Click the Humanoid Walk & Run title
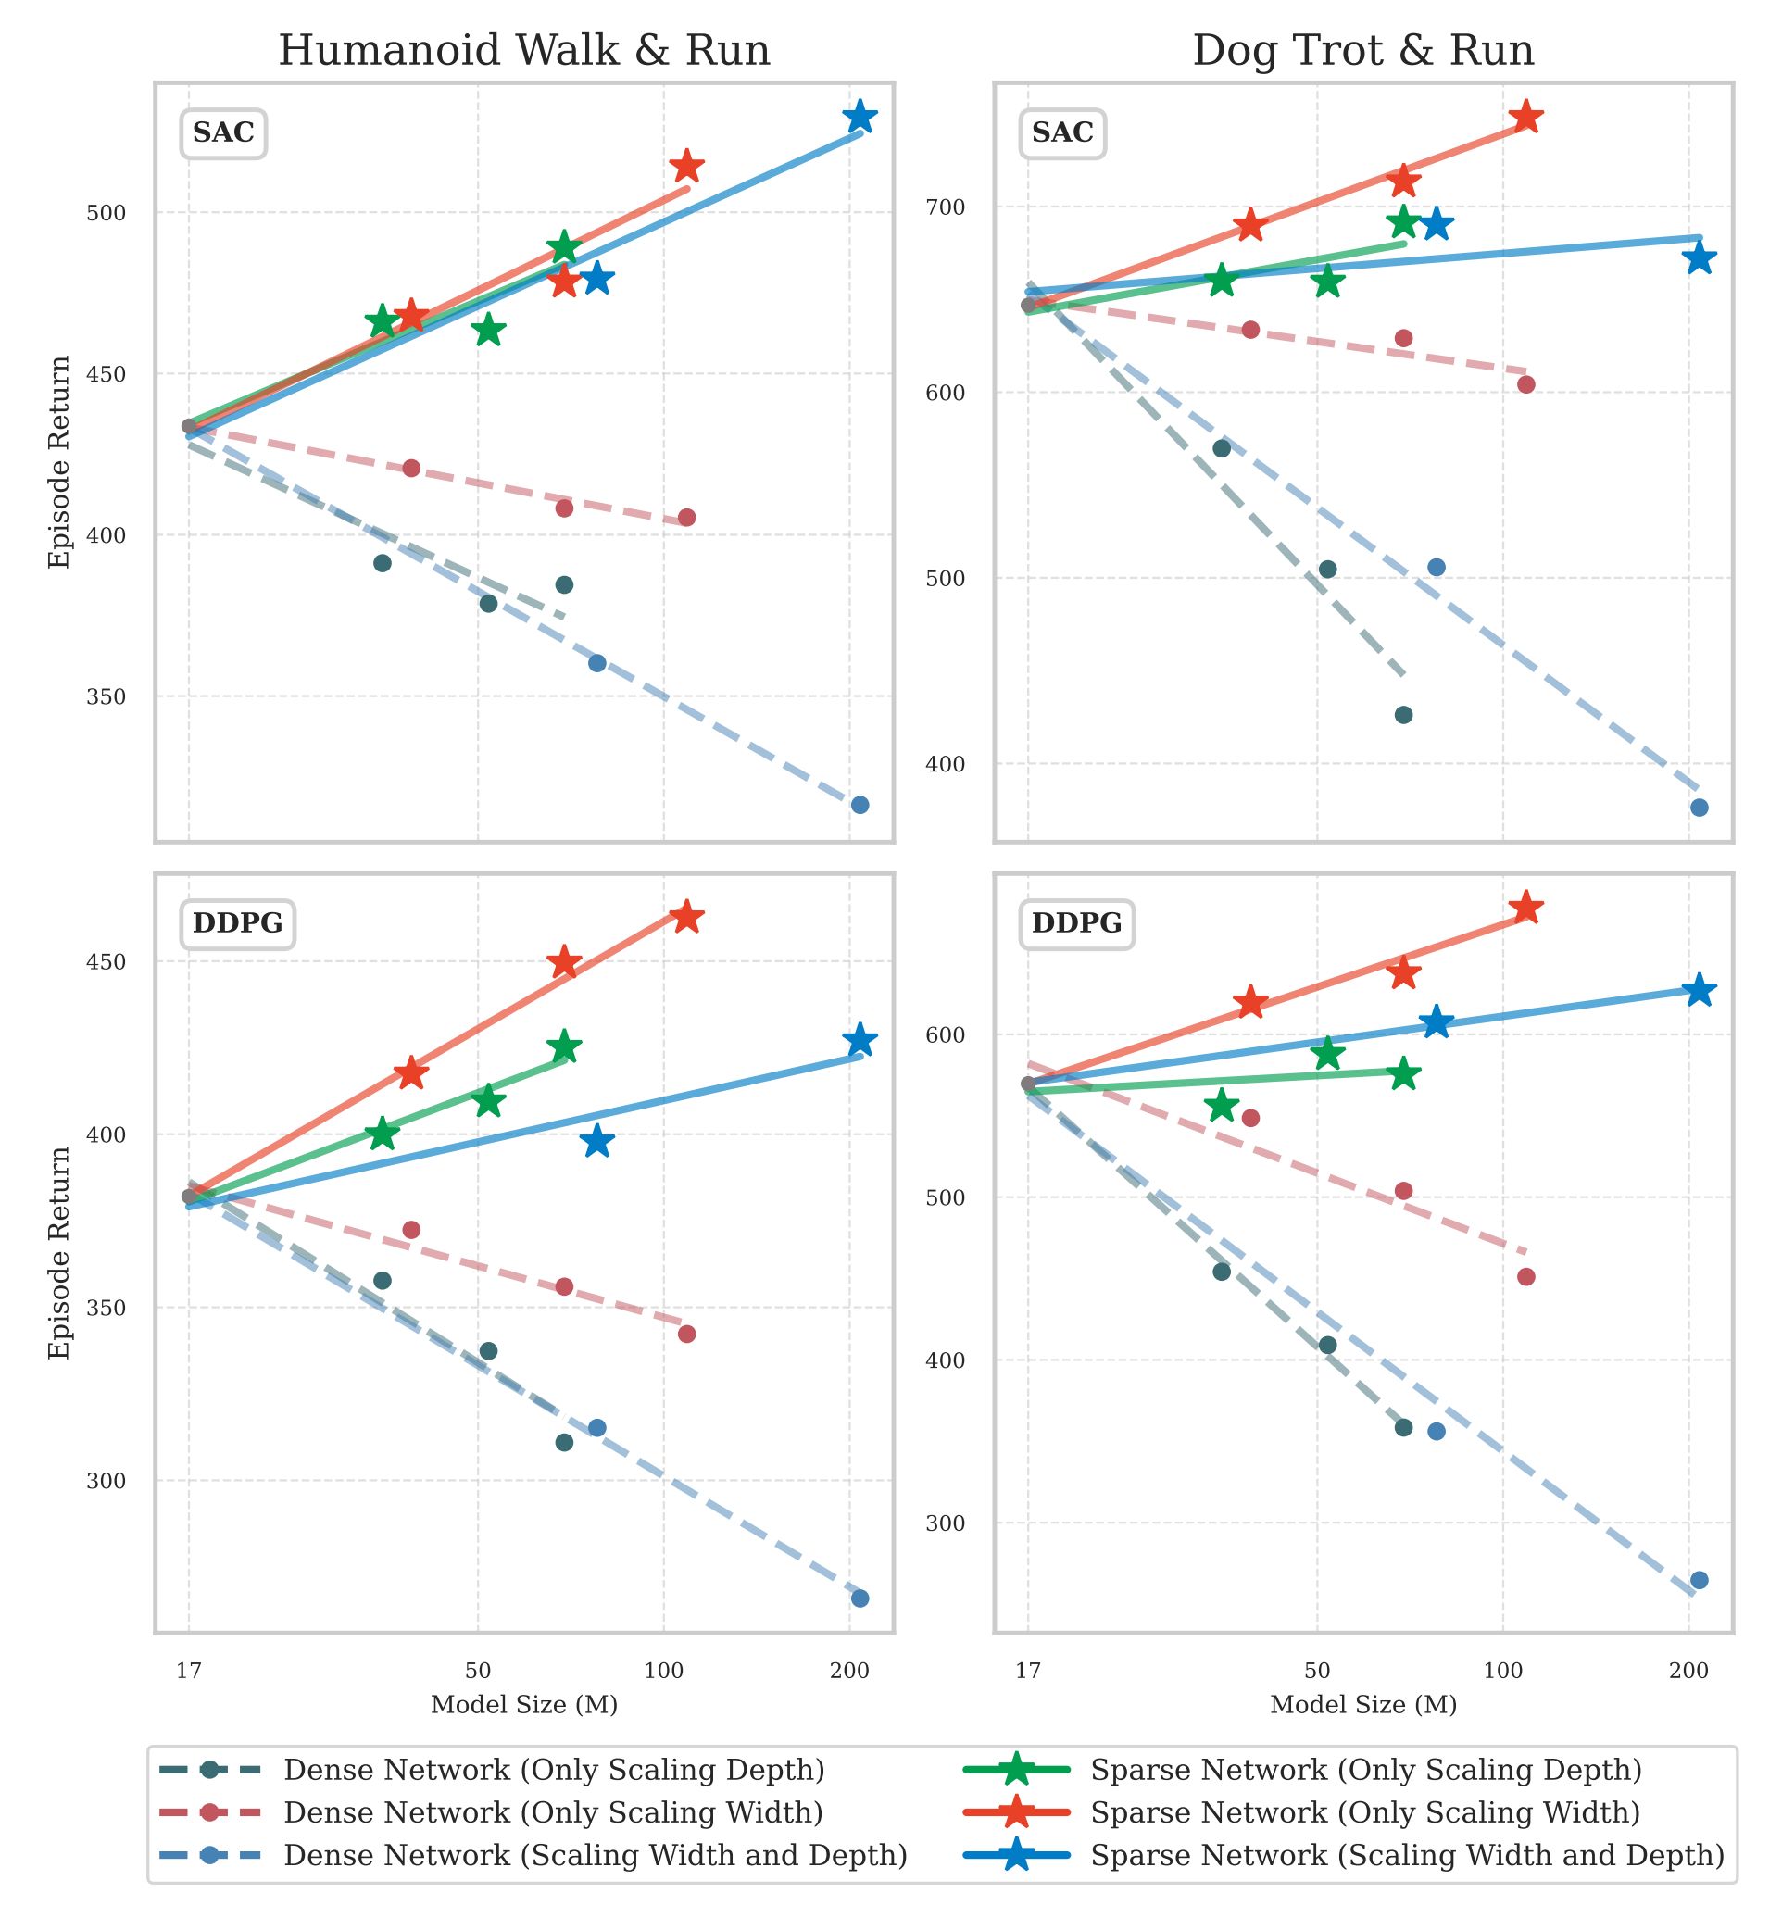pos(523,50)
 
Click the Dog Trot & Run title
pos(1362,50)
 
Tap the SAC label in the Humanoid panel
pos(222,133)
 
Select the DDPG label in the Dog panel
pos(1076,923)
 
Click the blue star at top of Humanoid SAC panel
pos(860,118)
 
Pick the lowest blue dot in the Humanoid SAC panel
pos(860,805)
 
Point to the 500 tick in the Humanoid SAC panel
pos(107,213)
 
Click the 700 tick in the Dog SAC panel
pos(945,207)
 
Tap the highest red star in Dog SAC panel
pos(1525,118)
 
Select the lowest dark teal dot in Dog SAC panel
pos(1403,714)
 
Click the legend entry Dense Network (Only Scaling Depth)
pos(554,1770)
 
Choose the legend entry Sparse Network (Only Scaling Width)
pos(1364,1812)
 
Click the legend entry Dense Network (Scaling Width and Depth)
pos(595,1855)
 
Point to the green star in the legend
pos(1016,1770)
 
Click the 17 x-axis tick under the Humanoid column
pos(188,1671)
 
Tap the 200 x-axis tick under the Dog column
pos(1688,1671)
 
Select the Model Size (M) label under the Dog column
pos(1362,1704)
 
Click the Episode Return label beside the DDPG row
pos(60,1253)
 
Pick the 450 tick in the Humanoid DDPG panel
pos(107,962)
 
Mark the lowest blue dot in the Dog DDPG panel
pos(1699,1580)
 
